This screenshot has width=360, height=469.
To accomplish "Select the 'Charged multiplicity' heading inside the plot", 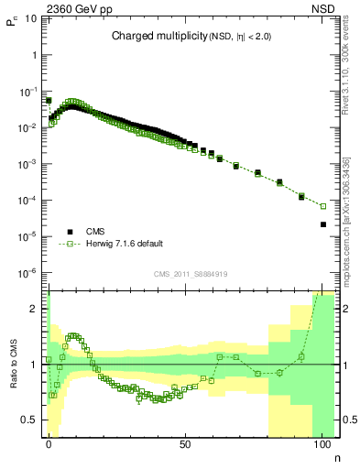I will [152, 37].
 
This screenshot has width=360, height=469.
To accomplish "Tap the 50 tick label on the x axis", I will [185, 443].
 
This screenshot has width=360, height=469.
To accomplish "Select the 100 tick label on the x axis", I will [322, 443].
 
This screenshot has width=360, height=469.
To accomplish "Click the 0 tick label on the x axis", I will [49, 443].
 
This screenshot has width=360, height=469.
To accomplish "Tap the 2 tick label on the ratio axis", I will [37, 309].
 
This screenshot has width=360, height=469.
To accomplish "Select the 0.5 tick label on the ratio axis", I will [33, 420].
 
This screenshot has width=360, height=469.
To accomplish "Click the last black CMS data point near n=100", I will [322, 224].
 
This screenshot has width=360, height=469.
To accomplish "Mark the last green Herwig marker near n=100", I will [322, 205].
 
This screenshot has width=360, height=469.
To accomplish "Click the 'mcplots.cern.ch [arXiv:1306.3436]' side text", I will [345, 229].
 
